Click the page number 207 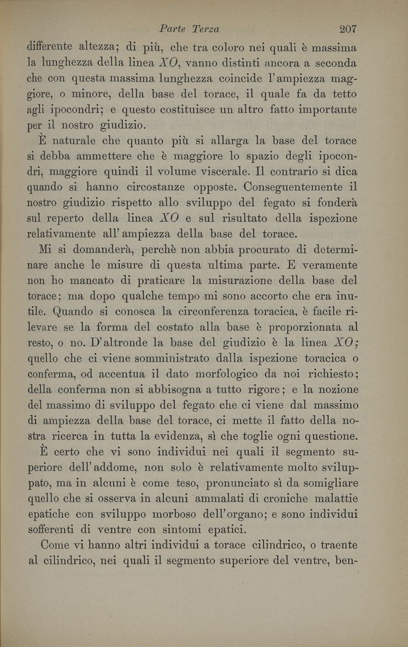click(x=345, y=29)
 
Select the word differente click(x=54, y=48)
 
